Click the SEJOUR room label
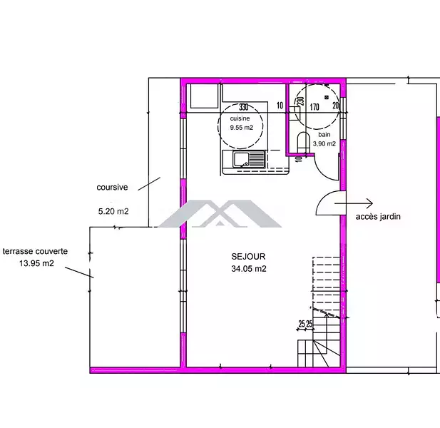(x=248, y=257)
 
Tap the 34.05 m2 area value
(x=249, y=269)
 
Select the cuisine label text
(x=240, y=118)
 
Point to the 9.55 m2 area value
(x=241, y=128)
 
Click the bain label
(x=324, y=135)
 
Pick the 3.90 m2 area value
(x=324, y=143)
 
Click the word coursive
(x=112, y=187)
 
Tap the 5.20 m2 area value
(x=113, y=211)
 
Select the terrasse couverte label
(x=35, y=252)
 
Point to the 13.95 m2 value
(x=36, y=263)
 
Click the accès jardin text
(x=378, y=217)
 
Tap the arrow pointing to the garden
(x=354, y=203)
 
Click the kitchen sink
(x=249, y=159)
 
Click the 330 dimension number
(x=244, y=107)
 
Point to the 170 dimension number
(x=314, y=107)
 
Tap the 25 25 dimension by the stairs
(x=305, y=324)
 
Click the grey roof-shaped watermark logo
(x=220, y=213)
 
